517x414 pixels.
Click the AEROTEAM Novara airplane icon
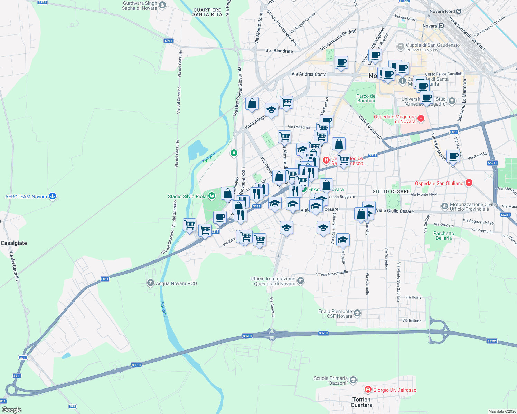click(x=53, y=196)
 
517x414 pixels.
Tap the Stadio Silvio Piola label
click(x=187, y=196)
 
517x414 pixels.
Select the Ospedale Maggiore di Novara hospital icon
click(x=421, y=119)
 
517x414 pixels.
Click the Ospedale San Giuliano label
click(x=439, y=183)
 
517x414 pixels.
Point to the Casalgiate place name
click(x=14, y=243)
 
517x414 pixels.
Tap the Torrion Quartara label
click(x=361, y=402)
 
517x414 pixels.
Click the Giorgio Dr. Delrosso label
click(x=395, y=390)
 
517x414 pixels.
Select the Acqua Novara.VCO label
click(x=176, y=283)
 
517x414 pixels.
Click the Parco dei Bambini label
click(x=366, y=98)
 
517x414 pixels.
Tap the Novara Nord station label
click(x=442, y=11)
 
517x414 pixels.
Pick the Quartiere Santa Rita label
click(x=207, y=12)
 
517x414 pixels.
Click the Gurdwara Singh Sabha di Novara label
click(x=140, y=6)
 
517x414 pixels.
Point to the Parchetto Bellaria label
click(x=444, y=236)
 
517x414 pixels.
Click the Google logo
click(x=12, y=410)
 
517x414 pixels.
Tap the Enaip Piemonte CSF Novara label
click(x=335, y=314)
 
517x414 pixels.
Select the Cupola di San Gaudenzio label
click(x=433, y=45)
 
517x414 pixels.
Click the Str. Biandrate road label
click(x=279, y=51)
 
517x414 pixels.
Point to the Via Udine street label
click(x=413, y=297)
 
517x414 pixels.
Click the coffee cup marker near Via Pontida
click(x=453, y=156)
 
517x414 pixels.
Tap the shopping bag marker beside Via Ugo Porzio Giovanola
click(x=252, y=103)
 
